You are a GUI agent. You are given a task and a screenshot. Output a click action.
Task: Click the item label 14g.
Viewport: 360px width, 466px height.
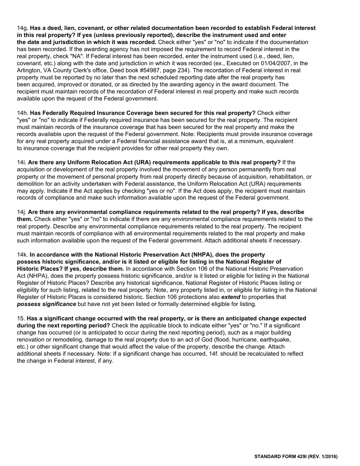(x=23, y=28)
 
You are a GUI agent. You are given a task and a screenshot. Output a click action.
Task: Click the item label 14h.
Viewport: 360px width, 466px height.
(x=23, y=113)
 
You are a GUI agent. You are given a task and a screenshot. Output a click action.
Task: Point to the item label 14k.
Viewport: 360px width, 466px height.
(x=23, y=255)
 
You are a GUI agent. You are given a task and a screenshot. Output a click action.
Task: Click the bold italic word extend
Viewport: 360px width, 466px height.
(x=230, y=297)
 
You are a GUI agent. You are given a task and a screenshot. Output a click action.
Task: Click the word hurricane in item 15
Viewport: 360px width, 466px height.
(x=227, y=340)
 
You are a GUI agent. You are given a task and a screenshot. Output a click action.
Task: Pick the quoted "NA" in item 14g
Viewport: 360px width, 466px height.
(x=78, y=56)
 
